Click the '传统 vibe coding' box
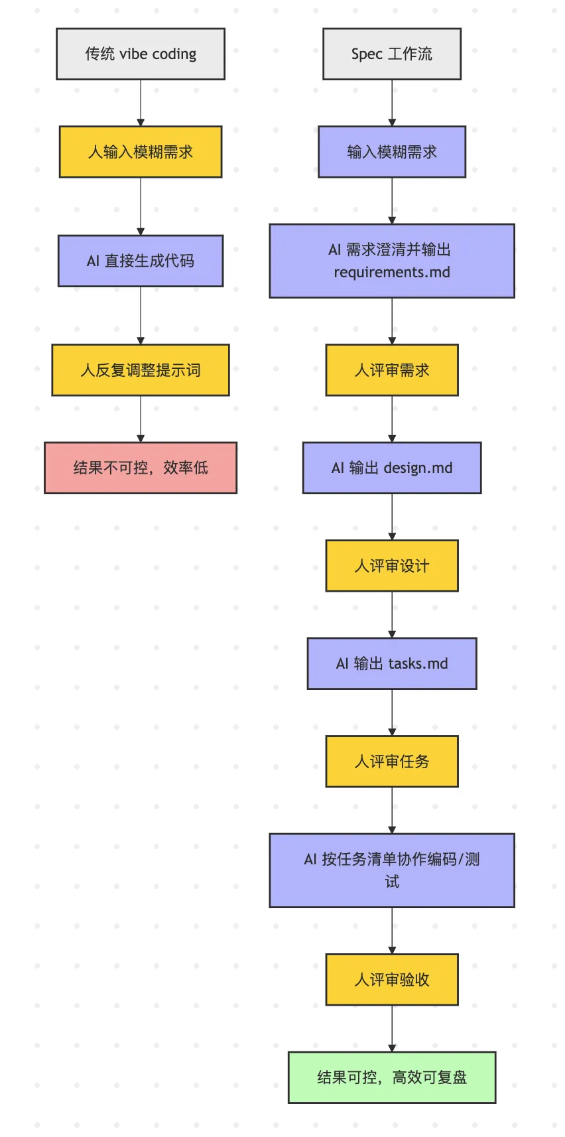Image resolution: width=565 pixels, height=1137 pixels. coord(141,54)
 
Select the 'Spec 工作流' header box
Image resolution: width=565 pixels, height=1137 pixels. coord(391,54)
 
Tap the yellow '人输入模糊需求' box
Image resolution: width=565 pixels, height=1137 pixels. coord(141,152)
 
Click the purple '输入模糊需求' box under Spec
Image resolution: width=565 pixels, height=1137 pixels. coord(391,152)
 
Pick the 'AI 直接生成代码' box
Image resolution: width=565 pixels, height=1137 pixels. coord(141,261)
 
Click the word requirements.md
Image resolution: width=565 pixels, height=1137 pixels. coord(391,273)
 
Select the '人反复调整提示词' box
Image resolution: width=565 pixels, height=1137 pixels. coord(141,370)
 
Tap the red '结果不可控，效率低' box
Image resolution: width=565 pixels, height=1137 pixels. coord(141,468)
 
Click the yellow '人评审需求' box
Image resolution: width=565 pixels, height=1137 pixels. coord(391,370)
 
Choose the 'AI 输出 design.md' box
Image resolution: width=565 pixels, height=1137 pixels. coord(391,468)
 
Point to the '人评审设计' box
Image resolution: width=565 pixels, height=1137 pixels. coord(391,566)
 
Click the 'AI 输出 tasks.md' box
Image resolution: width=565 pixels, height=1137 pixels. coord(391,663)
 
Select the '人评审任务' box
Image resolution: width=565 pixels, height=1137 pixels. coord(391,762)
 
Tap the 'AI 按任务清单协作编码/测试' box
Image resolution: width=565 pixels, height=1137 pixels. coord(391,870)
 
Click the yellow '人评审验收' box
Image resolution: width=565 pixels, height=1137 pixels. coord(391,980)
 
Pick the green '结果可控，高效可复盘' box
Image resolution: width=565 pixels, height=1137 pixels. coord(391,1077)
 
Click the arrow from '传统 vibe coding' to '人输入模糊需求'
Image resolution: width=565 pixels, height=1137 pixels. coord(141,103)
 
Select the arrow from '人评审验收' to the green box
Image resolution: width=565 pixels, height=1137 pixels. coord(391,1028)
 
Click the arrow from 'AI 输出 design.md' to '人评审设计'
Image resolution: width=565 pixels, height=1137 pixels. coord(391,517)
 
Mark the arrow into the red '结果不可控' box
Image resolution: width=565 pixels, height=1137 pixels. coord(141,419)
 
